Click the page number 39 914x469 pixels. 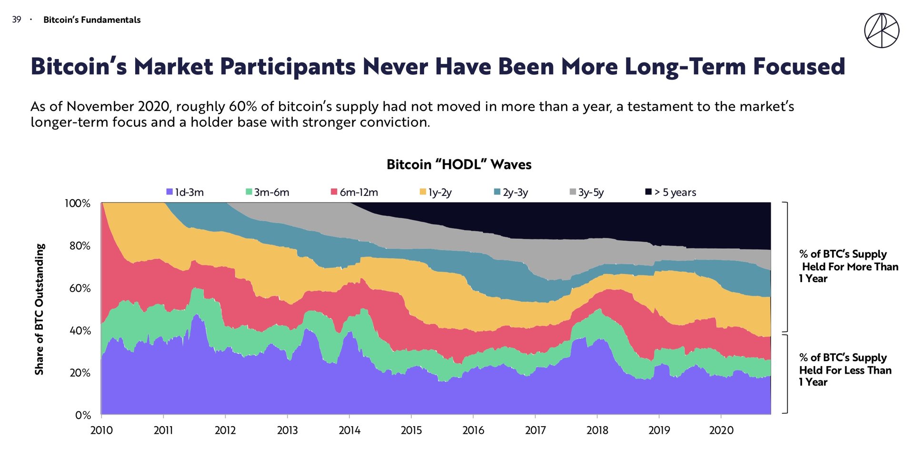pos(17,20)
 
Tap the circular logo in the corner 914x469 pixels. pos(882,31)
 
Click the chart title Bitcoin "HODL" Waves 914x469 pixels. pos(459,164)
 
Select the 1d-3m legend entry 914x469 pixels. pos(185,192)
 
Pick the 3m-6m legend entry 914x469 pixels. pos(268,192)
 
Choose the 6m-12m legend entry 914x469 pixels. pos(355,192)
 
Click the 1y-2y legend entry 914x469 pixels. pos(436,192)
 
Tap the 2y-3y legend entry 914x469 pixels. pos(511,192)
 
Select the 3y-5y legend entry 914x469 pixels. pos(587,192)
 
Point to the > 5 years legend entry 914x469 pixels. pos(671,192)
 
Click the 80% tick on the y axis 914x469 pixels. pos(79,246)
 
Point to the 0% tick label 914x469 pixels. pos(83,415)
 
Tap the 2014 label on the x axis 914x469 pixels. pos(349,430)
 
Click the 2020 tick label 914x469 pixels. pos(721,430)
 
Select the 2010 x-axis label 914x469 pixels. pos(101,430)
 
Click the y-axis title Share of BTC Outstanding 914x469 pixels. pos(40,309)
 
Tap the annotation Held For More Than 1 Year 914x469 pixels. pos(849,266)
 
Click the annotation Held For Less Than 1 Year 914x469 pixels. pos(845,370)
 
